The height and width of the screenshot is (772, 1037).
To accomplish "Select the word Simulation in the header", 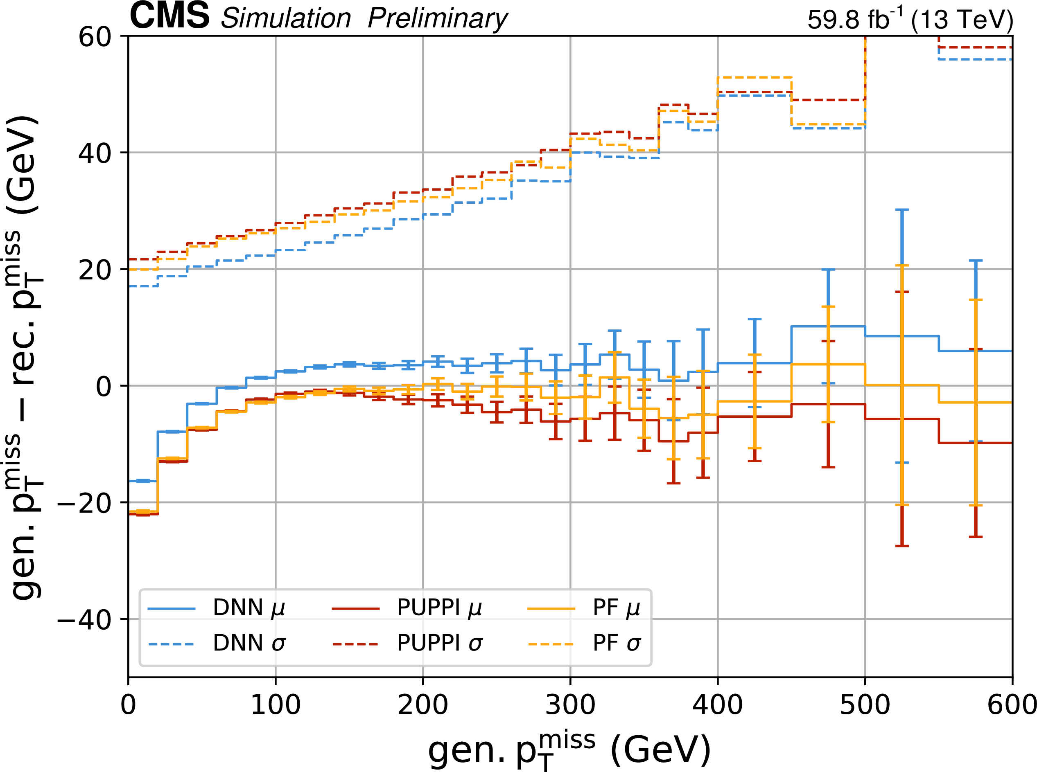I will coord(286,19).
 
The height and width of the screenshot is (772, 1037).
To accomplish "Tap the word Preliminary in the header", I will coord(437,19).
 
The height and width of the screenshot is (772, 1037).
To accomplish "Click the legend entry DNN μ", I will coord(248,608).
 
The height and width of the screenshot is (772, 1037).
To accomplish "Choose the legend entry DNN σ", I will coord(248,644).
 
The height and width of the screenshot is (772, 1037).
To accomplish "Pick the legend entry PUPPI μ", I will coord(438,608).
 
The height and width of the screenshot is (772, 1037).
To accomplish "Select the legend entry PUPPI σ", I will coord(438,644).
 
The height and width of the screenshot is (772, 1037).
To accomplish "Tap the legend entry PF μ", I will coord(616,608).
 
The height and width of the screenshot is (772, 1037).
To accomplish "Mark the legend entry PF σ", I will coord(616,644).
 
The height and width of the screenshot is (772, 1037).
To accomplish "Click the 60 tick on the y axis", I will coord(95,36).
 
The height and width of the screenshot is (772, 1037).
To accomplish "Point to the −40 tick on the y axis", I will coord(85,620).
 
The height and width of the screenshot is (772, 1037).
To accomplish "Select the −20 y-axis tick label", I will coord(85,503).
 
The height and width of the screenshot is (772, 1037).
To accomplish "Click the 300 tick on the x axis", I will coord(570,705).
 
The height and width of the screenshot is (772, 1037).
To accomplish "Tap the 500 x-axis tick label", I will coord(865,705).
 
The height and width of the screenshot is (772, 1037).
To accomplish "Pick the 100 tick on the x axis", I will coord(276,705).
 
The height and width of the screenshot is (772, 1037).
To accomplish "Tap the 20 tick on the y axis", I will coord(95,270).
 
